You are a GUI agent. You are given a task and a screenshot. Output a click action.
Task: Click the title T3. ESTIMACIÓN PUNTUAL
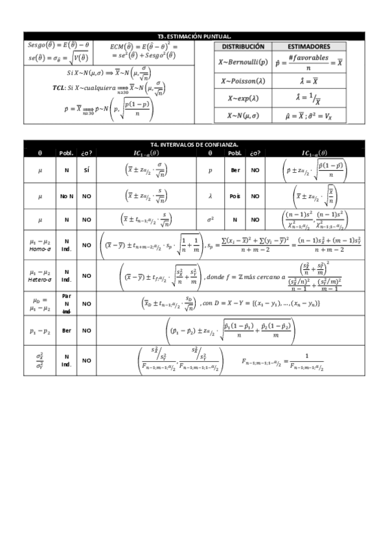click(x=194, y=38)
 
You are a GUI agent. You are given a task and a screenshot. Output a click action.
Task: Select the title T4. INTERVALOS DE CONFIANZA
click(x=194, y=144)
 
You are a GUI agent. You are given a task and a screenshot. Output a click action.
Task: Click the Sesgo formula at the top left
click(x=59, y=46)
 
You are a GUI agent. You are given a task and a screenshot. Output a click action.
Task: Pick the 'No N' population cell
click(x=67, y=195)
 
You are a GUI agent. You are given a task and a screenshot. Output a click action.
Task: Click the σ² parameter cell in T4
click(x=211, y=219)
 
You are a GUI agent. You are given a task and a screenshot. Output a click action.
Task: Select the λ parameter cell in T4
click(x=211, y=195)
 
